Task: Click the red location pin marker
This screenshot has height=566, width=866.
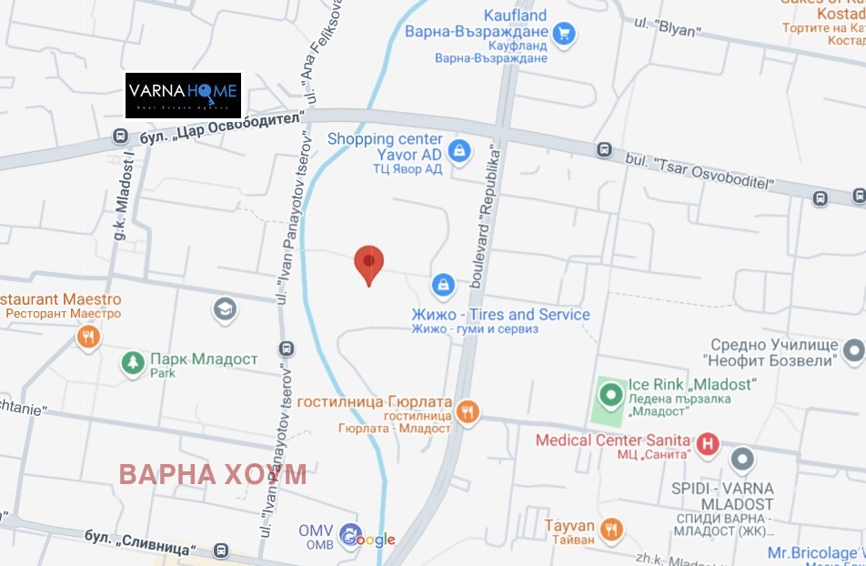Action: (x=368, y=263)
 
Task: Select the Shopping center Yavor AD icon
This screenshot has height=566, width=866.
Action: (x=459, y=150)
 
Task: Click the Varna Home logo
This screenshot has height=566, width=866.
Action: (x=183, y=95)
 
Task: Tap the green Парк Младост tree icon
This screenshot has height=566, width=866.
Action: (x=133, y=364)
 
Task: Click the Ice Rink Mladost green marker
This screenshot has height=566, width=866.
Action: (x=610, y=396)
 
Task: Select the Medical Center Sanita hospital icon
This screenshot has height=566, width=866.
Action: (x=708, y=445)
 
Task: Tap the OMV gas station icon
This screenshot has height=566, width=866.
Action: (x=349, y=535)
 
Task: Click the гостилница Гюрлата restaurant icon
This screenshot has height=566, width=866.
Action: (x=467, y=411)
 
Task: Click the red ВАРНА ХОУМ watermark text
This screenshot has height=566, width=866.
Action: (x=213, y=474)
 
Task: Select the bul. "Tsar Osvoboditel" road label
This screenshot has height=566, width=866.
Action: (x=700, y=172)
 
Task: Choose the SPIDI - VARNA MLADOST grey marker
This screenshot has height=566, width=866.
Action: (x=743, y=460)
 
